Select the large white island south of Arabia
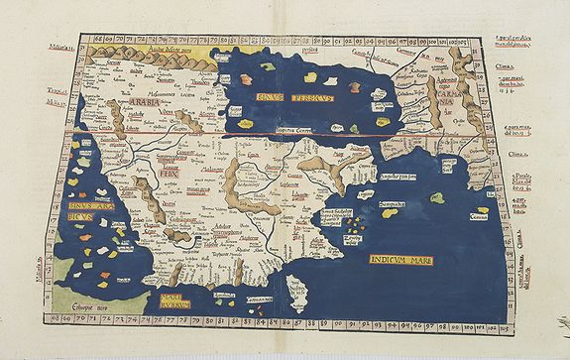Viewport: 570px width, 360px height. point(294,293)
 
